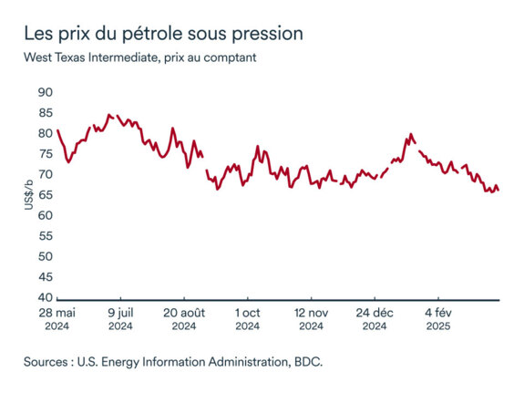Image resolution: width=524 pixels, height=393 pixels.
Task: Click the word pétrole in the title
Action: [137, 34]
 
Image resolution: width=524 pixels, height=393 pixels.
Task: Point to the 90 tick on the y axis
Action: [45, 92]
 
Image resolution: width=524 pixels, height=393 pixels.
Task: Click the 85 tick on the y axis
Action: [45, 113]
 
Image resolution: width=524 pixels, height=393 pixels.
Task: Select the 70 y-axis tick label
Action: [45, 174]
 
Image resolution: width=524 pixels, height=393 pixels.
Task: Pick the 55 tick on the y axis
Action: [45, 236]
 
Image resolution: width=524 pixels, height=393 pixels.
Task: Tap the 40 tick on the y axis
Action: [45, 298]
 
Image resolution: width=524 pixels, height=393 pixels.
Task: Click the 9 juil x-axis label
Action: [120, 311]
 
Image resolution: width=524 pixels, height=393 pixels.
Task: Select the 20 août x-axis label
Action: [184, 311]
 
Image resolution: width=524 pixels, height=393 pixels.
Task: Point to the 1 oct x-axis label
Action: [248, 311]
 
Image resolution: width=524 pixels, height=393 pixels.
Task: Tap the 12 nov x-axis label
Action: [312, 311]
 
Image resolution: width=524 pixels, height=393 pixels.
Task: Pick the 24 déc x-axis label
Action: [375, 311]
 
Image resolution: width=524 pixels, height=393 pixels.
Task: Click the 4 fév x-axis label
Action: [438, 311]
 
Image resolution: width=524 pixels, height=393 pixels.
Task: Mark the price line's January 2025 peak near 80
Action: [411, 134]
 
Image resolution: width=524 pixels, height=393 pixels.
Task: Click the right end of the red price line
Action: [498, 191]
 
